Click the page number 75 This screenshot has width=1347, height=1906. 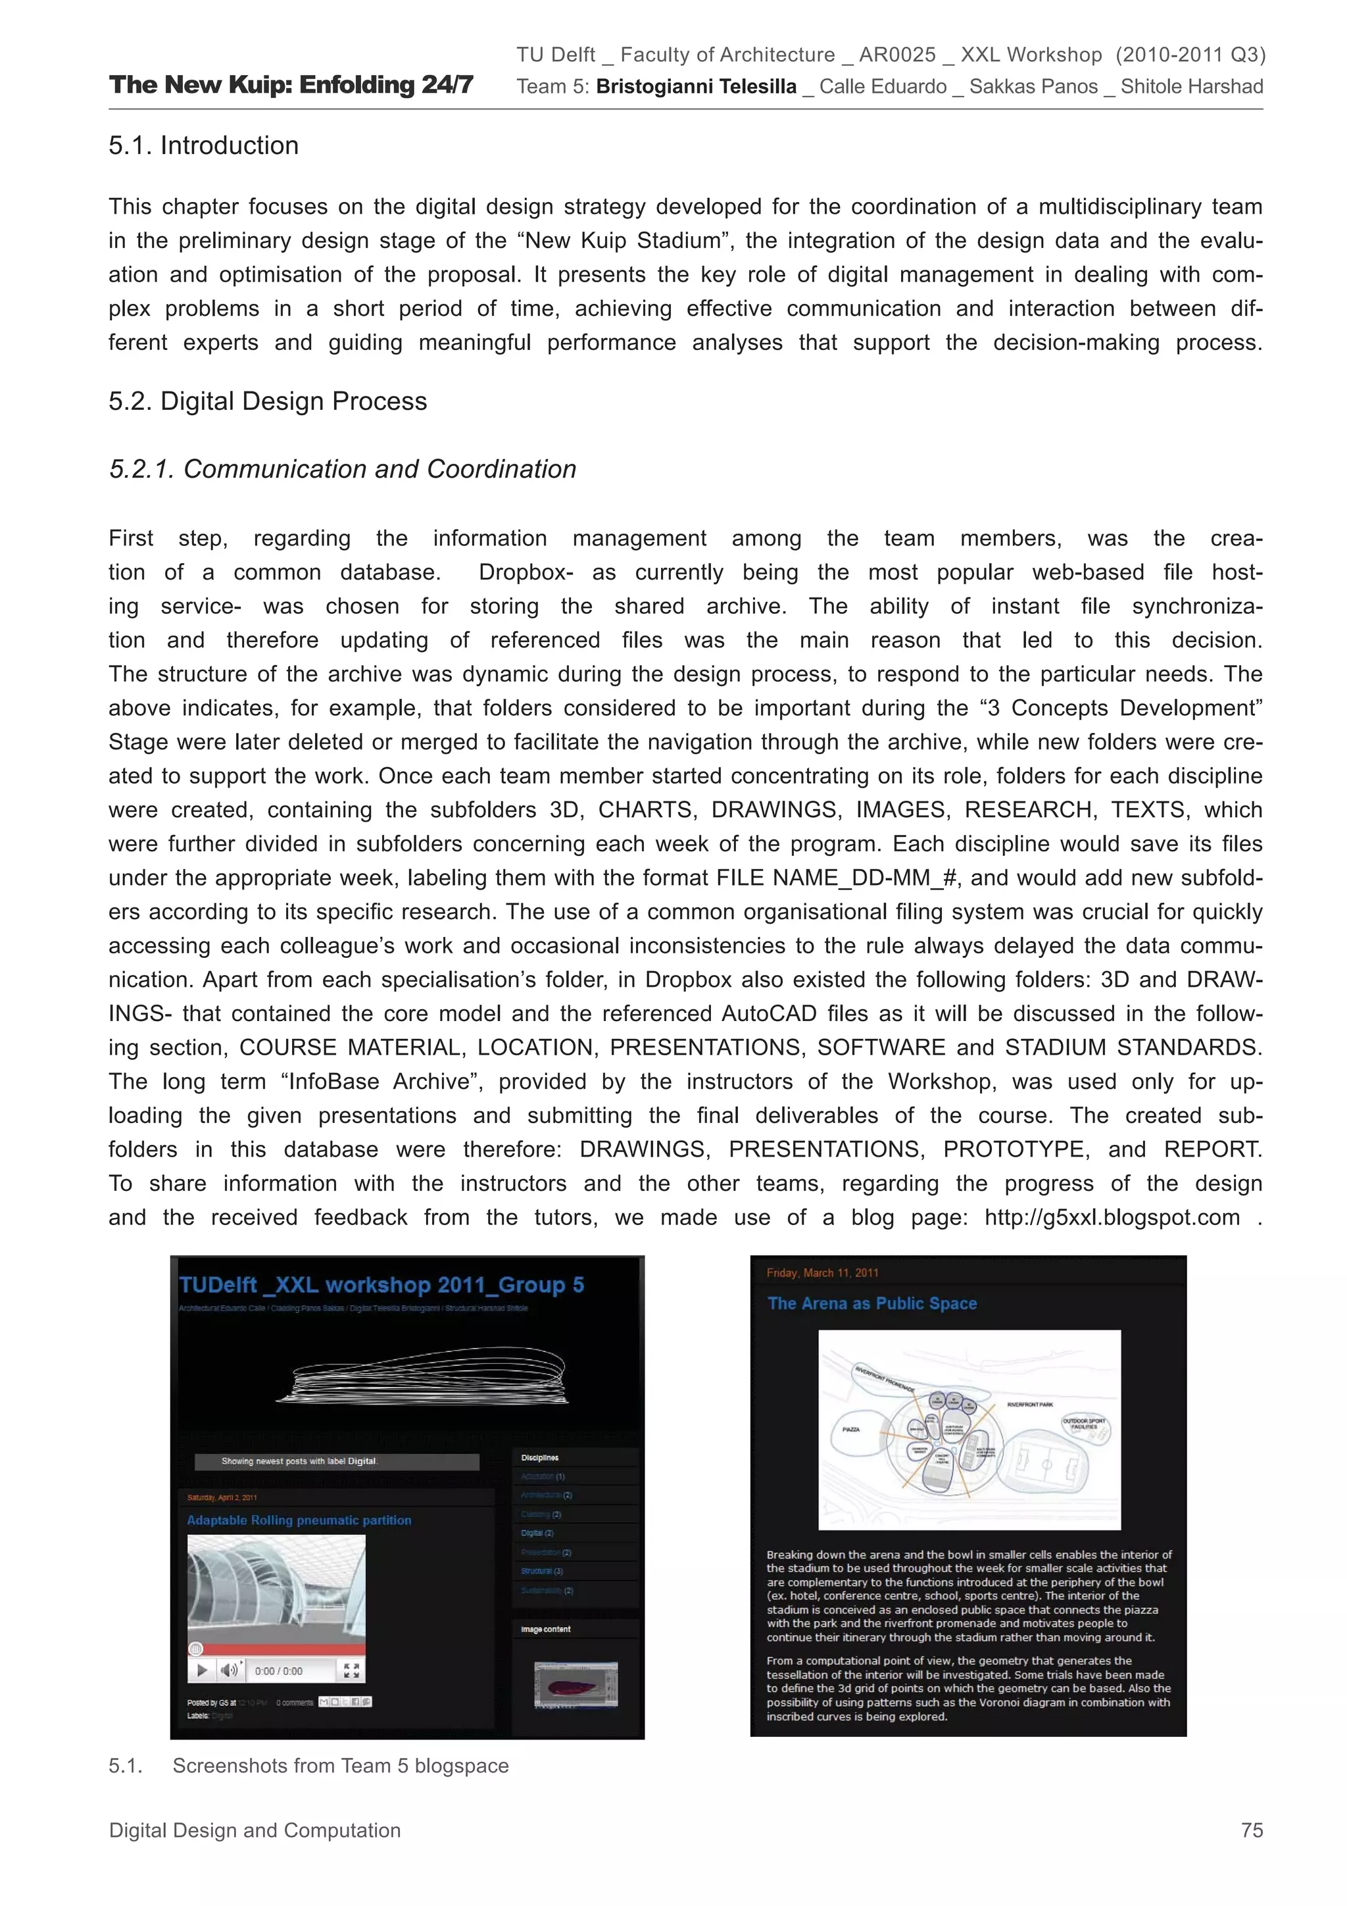click(1251, 1830)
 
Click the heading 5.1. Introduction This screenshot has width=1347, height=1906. click(203, 145)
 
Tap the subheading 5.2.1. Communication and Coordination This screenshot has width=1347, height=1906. click(342, 469)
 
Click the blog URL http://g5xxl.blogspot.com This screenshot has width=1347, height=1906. click(1112, 1217)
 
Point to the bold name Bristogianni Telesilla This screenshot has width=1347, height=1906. click(695, 86)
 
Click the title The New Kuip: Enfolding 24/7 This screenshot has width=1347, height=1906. click(291, 85)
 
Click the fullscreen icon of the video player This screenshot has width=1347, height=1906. click(351, 1670)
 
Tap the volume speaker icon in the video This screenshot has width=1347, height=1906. click(229, 1670)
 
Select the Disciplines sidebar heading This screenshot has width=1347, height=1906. click(539, 1458)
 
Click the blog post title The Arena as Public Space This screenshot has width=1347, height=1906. click(871, 1303)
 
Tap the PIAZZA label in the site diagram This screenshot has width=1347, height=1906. click(850, 1430)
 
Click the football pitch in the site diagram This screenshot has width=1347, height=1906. click(1046, 1465)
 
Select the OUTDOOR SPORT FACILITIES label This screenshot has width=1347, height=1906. click(1084, 1424)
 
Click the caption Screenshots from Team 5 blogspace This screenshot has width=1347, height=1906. click(340, 1766)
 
